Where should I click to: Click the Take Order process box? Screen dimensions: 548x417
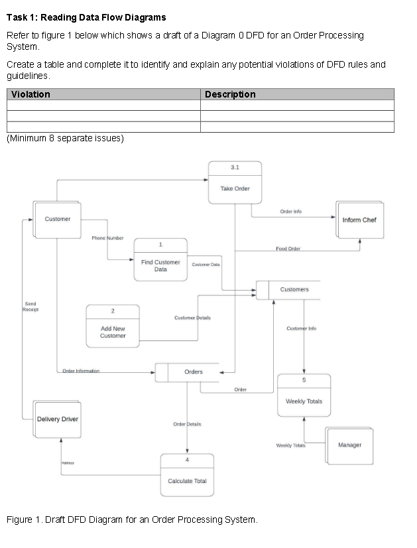point(235,188)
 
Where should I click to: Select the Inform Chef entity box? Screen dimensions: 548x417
point(359,220)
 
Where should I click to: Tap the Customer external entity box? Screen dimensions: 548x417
point(57,220)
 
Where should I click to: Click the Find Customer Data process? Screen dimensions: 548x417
point(160,265)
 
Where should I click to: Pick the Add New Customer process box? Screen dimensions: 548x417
point(113,332)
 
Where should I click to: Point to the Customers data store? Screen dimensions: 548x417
point(294,290)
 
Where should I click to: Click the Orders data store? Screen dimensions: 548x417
point(193,372)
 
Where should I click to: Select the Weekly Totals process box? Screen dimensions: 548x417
point(304,401)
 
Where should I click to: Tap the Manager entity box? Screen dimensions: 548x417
point(349,445)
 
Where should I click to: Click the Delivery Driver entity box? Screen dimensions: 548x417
point(58,419)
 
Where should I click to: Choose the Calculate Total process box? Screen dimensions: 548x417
point(187,480)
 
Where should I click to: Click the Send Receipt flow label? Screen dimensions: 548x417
point(30,307)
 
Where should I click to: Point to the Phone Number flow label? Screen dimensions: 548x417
point(107,237)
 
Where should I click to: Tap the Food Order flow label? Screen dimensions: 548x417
point(288,249)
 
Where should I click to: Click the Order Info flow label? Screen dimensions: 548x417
point(290,212)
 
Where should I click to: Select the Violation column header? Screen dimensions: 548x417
point(31,95)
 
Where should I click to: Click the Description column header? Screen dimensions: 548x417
point(230,95)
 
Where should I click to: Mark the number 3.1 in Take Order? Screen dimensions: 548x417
point(235,167)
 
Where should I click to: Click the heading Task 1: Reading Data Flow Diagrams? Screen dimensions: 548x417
point(86,17)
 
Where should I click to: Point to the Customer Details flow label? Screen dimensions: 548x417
point(192,318)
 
